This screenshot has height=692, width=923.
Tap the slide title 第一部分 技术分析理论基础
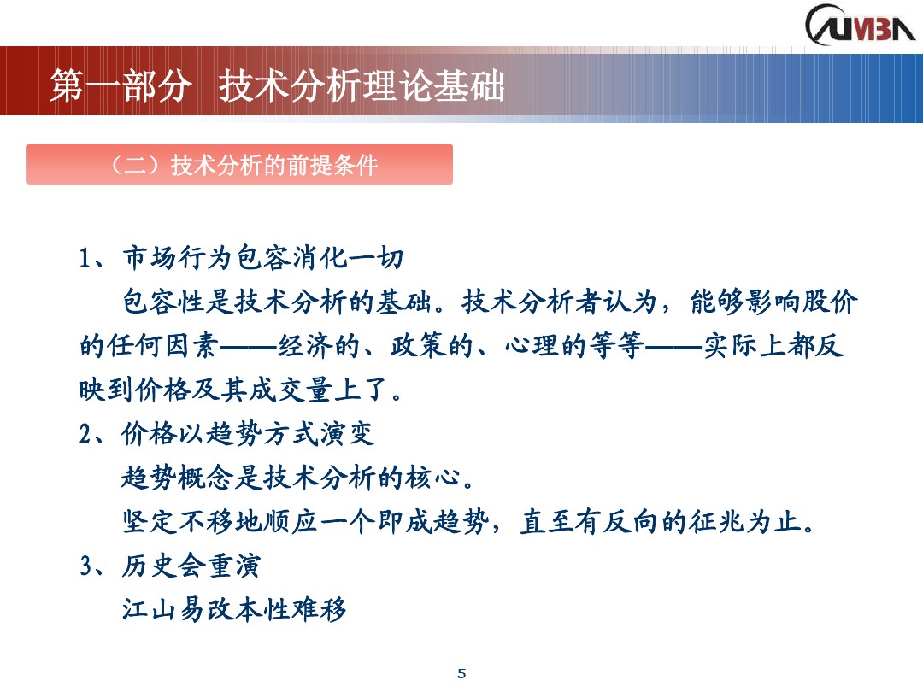[278, 87]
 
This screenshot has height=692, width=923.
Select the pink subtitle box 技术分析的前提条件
[239, 164]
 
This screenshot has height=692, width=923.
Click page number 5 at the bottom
[462, 673]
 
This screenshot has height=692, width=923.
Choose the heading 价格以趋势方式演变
[248, 434]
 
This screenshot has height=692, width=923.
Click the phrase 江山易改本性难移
[235, 610]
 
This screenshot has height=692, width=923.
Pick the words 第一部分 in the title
[117, 87]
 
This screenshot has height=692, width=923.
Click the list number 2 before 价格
[85, 434]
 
